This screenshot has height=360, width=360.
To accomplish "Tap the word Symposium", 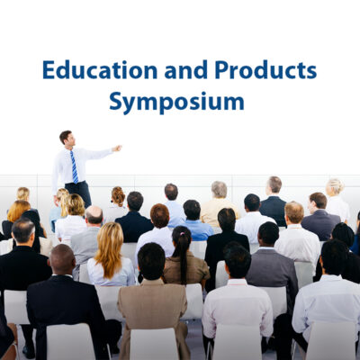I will (176, 102).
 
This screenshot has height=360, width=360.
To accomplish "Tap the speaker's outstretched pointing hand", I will (117, 148).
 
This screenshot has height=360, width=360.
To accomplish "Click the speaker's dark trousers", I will (80, 193).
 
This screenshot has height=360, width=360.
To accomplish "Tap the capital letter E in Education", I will (48, 70).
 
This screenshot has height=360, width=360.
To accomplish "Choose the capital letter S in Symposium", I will (116, 102).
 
